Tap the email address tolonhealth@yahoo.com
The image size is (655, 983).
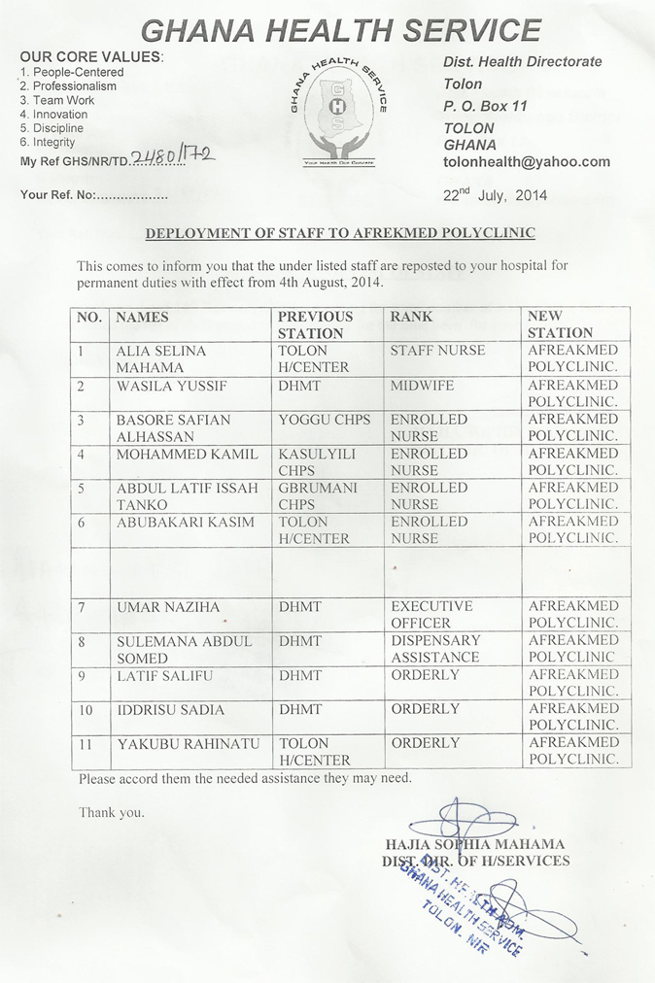click(x=527, y=162)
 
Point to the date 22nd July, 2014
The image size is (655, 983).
click(x=495, y=194)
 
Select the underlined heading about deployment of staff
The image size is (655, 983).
click(x=340, y=233)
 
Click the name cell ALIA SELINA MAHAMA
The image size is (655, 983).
click(x=161, y=358)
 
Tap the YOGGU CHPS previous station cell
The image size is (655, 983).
click(x=325, y=420)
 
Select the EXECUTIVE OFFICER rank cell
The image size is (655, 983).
click(x=431, y=614)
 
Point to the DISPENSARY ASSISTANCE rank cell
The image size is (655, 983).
click(x=435, y=648)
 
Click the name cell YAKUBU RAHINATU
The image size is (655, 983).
click(x=189, y=743)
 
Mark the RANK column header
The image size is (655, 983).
click(x=411, y=317)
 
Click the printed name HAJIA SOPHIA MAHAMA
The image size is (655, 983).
click(x=475, y=844)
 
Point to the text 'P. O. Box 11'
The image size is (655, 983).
click(x=485, y=106)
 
